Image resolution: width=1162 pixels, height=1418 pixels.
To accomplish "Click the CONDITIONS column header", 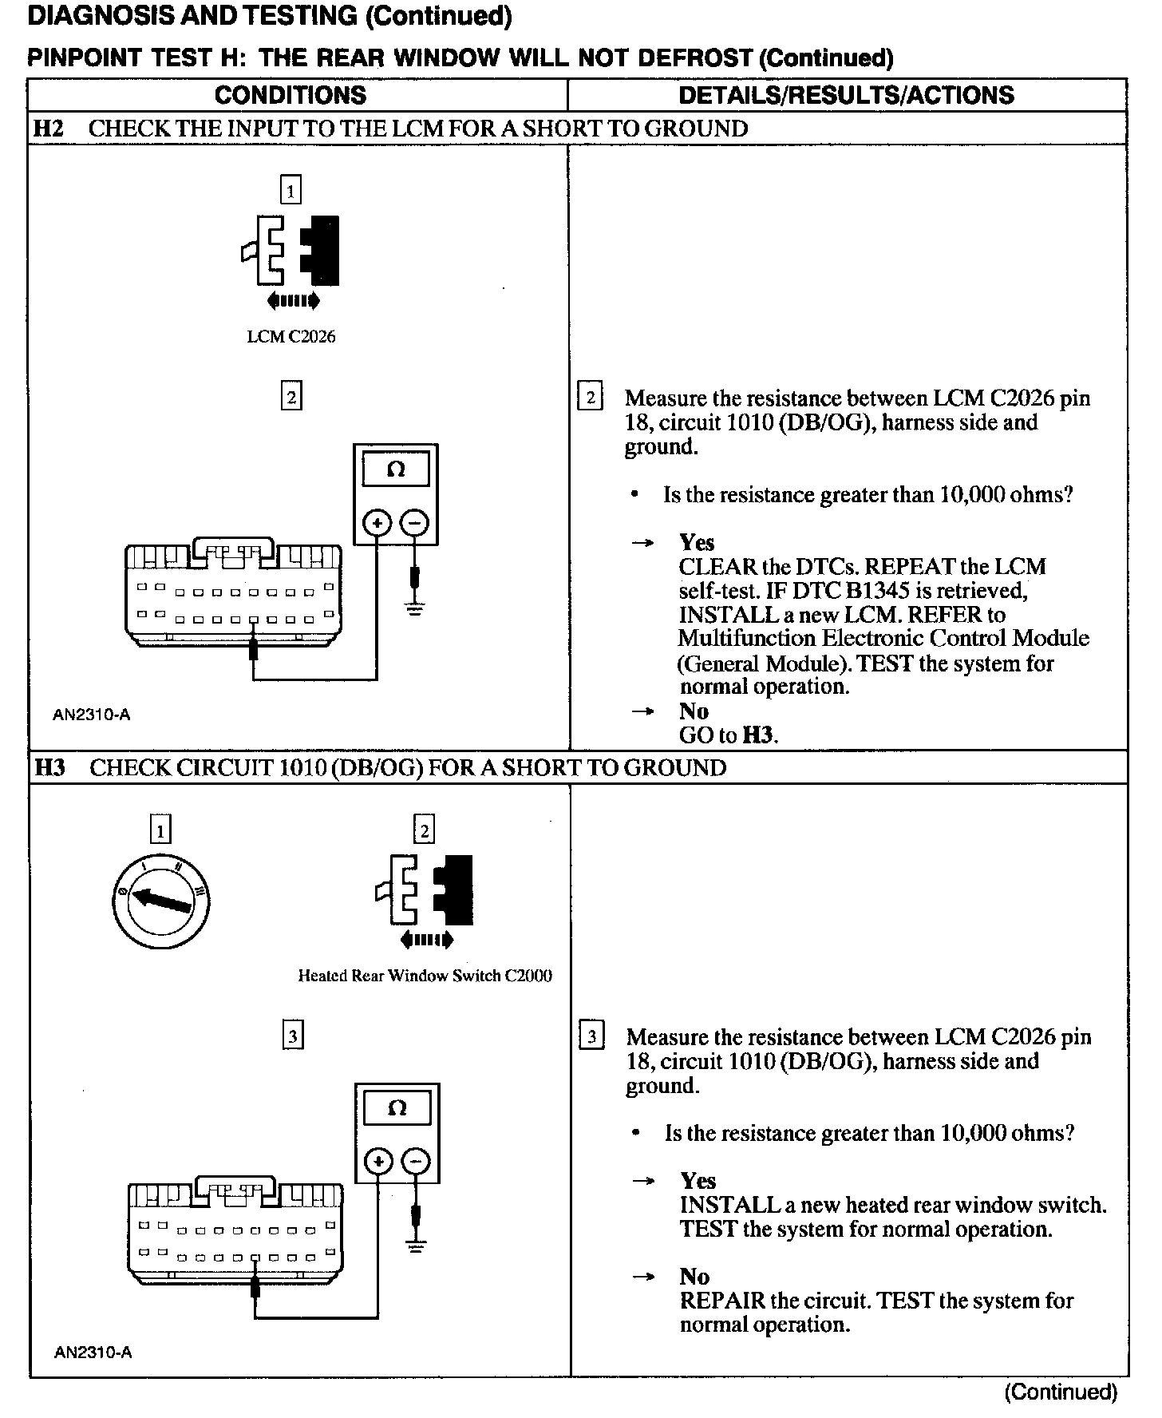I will pyautogui.click(x=290, y=95).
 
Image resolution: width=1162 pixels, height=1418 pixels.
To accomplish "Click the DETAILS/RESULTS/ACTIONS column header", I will pyautogui.click(x=846, y=95).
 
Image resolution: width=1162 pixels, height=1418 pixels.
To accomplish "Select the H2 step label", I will pyautogui.click(x=49, y=129).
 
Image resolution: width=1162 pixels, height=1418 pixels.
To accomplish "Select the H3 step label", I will pyautogui.click(x=49, y=768).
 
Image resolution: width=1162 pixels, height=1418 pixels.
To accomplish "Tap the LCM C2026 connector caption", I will pyautogui.click(x=291, y=337).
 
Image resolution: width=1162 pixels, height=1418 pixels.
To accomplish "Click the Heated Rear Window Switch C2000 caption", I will pyautogui.click(x=425, y=976).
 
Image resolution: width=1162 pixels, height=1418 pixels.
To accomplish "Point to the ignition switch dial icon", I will pyautogui.click(x=161, y=900).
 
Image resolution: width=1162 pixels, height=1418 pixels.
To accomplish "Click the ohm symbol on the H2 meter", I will pyautogui.click(x=395, y=470).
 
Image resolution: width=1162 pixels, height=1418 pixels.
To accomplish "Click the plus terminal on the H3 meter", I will pyautogui.click(x=379, y=1161).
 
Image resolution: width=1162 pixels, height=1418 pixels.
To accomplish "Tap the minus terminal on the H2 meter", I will pyautogui.click(x=414, y=524).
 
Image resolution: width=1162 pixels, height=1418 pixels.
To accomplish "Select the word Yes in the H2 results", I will pyautogui.click(x=697, y=543).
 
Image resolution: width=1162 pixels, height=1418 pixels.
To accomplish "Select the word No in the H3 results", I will pyautogui.click(x=694, y=1277).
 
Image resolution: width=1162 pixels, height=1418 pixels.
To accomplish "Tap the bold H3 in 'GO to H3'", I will pyautogui.click(x=758, y=735).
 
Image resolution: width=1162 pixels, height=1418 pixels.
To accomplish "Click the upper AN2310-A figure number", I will pyautogui.click(x=91, y=715).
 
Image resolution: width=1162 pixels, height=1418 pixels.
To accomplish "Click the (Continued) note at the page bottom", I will pyautogui.click(x=1061, y=1392).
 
